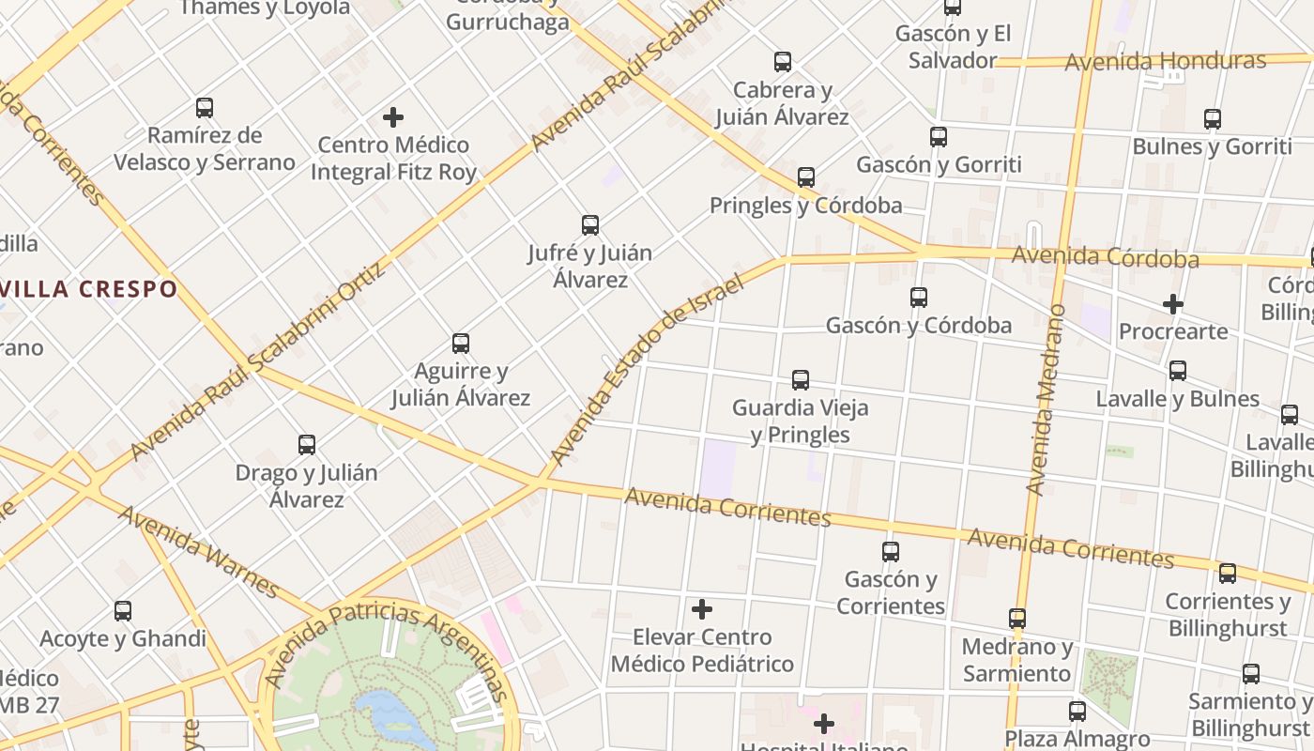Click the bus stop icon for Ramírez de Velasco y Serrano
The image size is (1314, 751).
point(205,108)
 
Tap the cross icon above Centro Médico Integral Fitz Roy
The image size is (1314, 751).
point(393,117)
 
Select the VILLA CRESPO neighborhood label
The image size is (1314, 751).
point(88,288)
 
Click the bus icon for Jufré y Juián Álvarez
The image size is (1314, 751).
point(589,225)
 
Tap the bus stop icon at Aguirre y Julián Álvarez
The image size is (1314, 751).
point(460,344)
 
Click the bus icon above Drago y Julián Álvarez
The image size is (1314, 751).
point(307,445)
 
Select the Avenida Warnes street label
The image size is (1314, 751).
point(199,552)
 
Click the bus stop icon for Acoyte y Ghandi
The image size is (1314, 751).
point(123,612)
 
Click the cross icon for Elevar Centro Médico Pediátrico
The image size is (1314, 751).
point(702,610)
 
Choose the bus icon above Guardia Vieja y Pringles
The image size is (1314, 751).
point(801,380)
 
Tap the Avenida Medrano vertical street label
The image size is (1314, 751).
point(1047,399)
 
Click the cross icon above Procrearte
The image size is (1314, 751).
point(1172,304)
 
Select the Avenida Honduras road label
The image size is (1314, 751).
point(1165,62)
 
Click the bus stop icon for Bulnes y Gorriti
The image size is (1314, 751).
point(1213,119)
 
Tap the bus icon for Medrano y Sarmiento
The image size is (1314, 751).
point(1017,619)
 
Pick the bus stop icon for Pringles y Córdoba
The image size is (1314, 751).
point(805,177)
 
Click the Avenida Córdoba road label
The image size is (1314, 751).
point(1105,256)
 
